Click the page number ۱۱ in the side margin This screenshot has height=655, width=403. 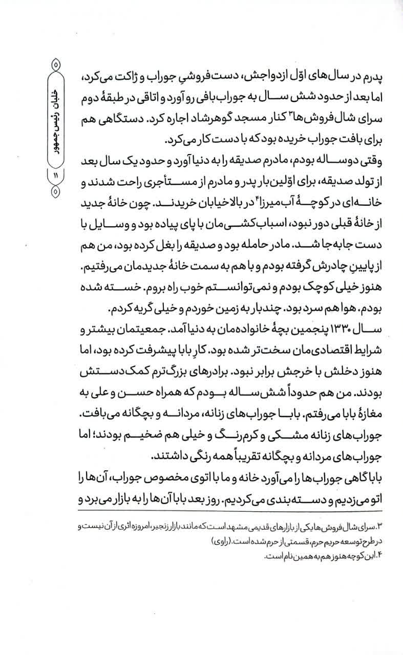pyautogui.click(x=55, y=175)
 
